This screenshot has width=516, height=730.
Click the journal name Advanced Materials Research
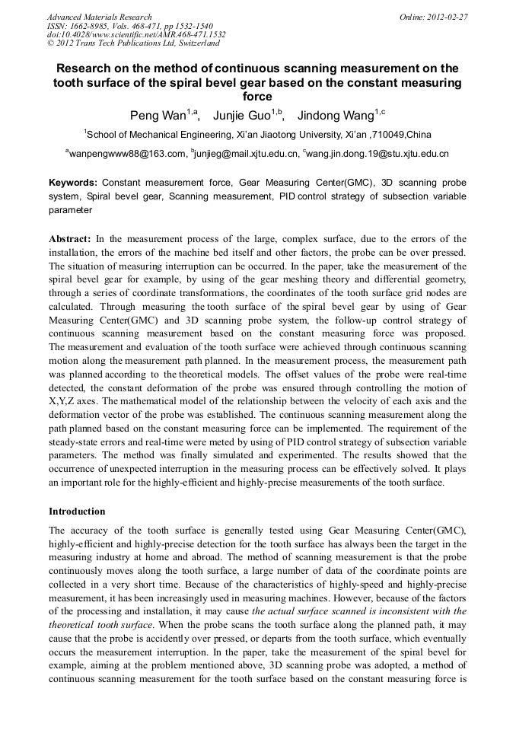pyautogui.click(x=99, y=17)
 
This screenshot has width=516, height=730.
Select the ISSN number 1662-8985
pyautogui.click(x=100, y=26)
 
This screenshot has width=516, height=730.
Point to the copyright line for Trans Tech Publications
pyautogui.click(x=133, y=43)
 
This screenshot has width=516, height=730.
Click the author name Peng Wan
pyautogui.click(x=158, y=115)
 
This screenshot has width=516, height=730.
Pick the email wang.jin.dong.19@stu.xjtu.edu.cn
pyautogui.click(x=378, y=154)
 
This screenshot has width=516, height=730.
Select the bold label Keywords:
pyautogui.click(x=73, y=183)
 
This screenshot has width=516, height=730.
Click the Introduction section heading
pyautogui.click(x=77, y=511)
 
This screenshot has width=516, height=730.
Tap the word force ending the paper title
pyautogui.click(x=257, y=97)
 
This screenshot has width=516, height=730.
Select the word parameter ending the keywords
pyautogui.click(x=70, y=209)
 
